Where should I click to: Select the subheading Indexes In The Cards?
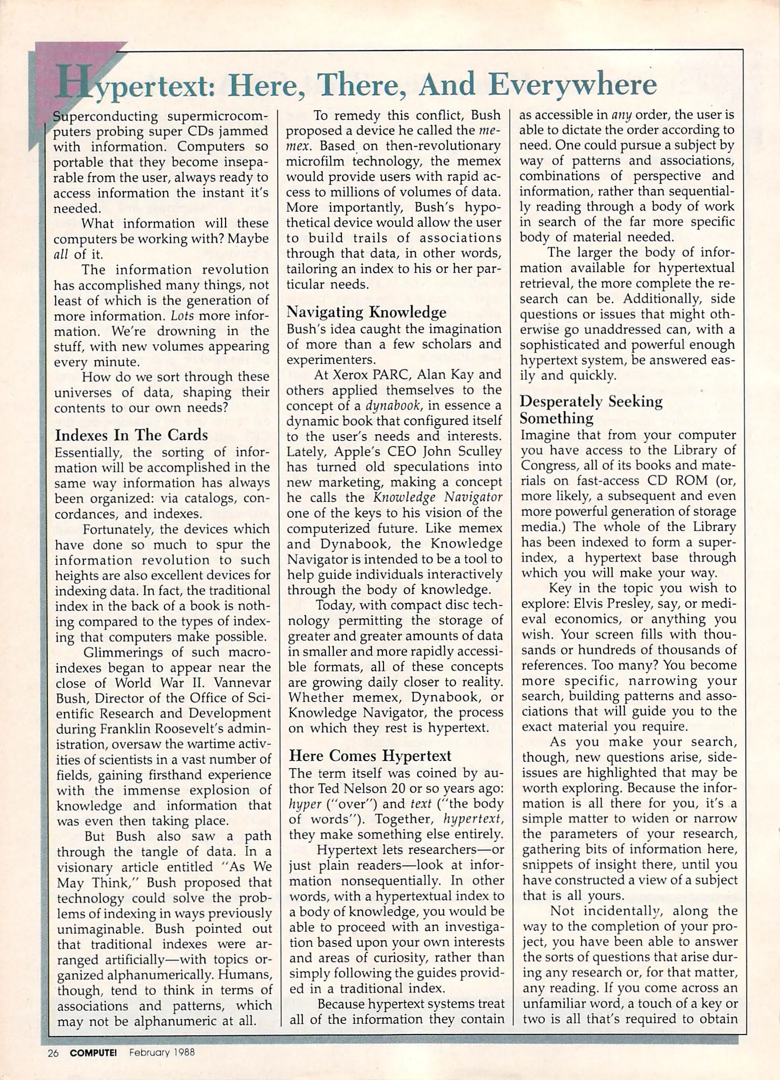pos(131,434)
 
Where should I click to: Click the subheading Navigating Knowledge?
pos(366,312)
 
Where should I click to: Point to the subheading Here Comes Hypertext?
pos(370,755)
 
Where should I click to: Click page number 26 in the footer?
pos(53,1052)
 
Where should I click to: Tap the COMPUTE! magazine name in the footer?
pos(93,1052)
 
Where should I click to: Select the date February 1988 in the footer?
pos(161,1052)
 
